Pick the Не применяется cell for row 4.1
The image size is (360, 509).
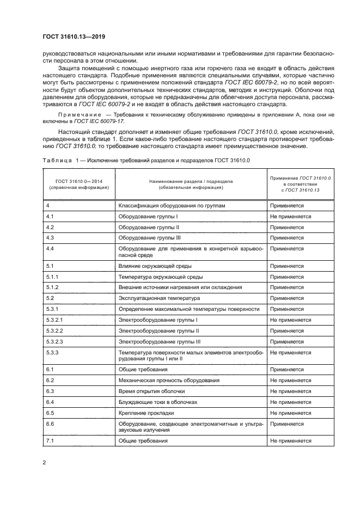click(290, 216)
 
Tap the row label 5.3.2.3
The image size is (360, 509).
click(55, 341)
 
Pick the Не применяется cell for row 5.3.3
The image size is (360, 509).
click(290, 352)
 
